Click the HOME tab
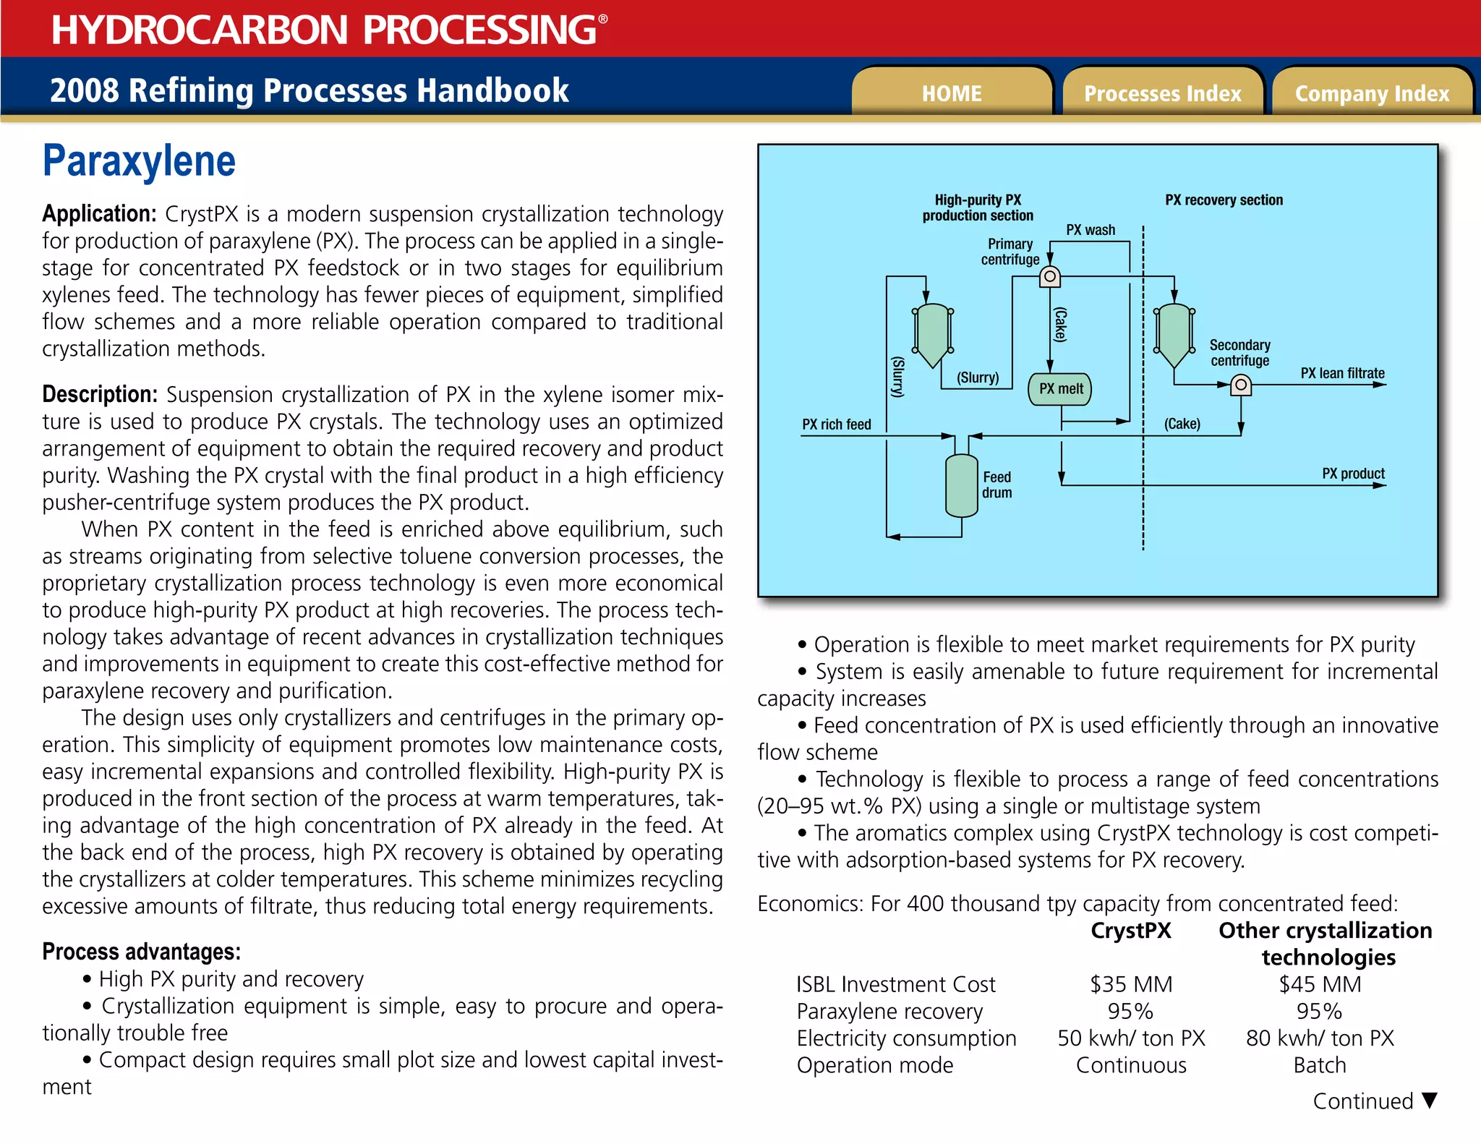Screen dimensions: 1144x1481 coord(951,93)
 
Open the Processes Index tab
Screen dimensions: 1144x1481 coord(1162,93)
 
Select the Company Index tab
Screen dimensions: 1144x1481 coord(1372,93)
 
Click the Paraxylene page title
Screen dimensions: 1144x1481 coord(139,161)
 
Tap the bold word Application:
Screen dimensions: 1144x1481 coord(99,214)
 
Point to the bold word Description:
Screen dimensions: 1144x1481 coord(100,394)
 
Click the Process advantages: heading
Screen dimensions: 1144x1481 coord(141,952)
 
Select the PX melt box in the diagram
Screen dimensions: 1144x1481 coord(1060,389)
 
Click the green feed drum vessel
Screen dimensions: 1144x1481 coord(961,485)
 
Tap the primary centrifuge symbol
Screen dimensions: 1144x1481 coord(1049,276)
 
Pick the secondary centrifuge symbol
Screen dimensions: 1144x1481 coord(1240,385)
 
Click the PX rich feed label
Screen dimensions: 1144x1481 coord(836,424)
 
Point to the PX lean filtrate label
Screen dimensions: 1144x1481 coord(1342,373)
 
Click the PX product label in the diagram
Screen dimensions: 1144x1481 coord(1353,474)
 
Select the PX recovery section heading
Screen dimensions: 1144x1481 coord(1224,200)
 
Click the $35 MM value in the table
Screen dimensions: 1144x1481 coord(1131,984)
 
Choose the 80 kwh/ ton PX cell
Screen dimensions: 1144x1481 coord(1320,1038)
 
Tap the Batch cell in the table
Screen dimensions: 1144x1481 coord(1320,1065)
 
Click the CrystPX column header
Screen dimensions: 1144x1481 coord(1131,931)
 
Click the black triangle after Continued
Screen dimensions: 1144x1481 coord(1429,1100)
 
